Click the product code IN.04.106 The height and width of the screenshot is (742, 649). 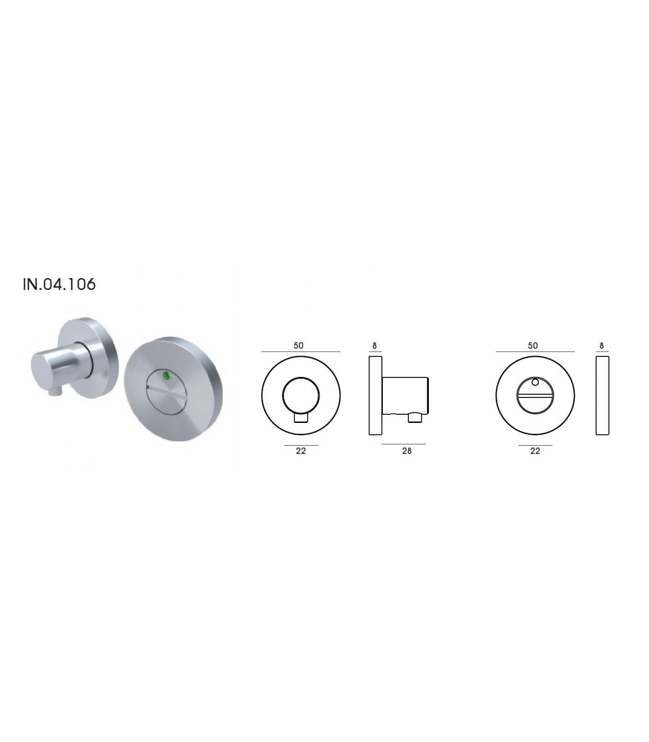click(x=59, y=284)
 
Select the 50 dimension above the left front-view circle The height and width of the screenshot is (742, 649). click(x=299, y=346)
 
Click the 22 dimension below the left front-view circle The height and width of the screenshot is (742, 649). click(x=301, y=451)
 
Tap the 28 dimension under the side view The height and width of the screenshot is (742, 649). click(x=407, y=451)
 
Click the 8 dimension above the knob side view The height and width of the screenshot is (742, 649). click(x=375, y=346)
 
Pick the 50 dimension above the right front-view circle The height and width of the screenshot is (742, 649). click(x=533, y=346)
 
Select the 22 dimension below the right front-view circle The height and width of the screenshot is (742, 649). click(x=535, y=451)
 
